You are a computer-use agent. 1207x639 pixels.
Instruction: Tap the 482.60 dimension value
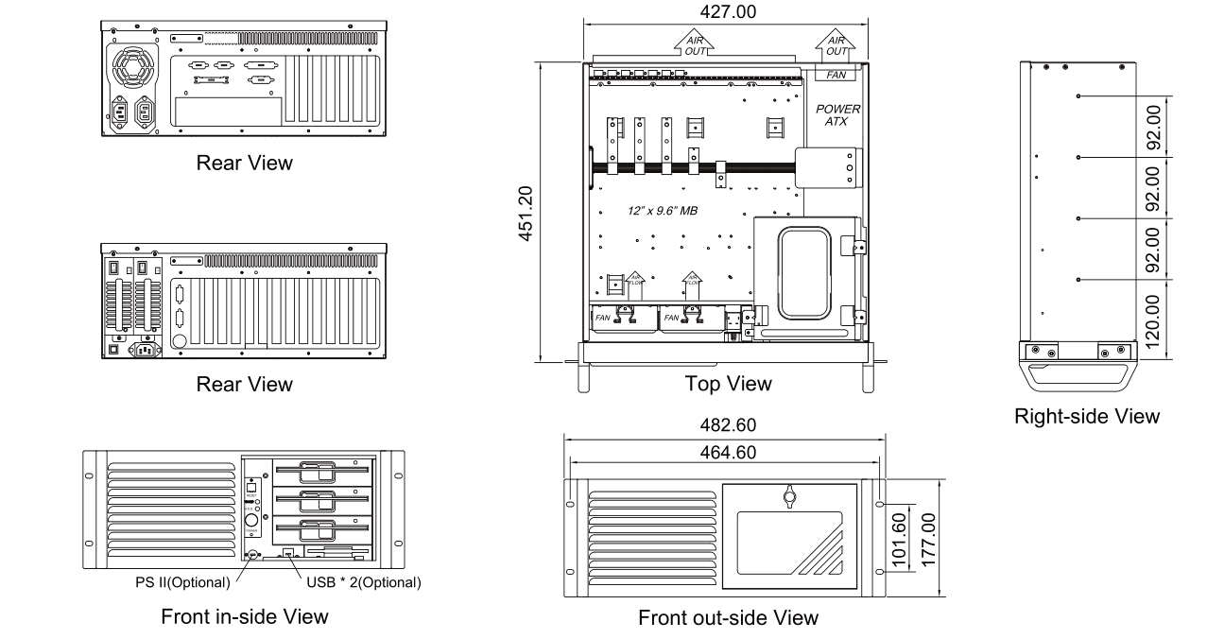coord(725,426)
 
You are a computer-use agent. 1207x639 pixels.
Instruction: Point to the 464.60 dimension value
coord(725,453)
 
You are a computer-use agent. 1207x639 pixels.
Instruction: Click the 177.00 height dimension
coord(928,537)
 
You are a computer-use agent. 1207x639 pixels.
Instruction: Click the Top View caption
coord(728,384)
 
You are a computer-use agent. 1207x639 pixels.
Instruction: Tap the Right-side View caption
coord(1086,416)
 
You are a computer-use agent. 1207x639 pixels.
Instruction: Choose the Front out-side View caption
coord(728,618)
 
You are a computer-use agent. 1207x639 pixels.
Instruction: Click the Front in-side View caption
coord(245,616)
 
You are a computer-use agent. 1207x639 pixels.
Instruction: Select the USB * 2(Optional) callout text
coord(363,581)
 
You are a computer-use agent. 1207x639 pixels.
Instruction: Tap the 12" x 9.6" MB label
coord(663,211)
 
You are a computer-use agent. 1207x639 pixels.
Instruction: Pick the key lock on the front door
coord(789,497)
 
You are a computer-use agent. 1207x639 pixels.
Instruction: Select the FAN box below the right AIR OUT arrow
coord(837,73)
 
